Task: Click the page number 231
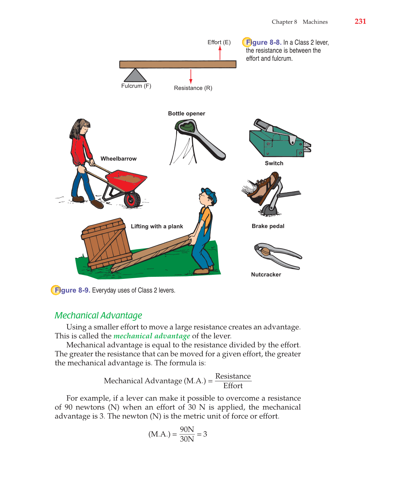click(360, 21)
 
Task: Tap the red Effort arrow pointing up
click(220, 53)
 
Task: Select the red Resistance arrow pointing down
click(191, 76)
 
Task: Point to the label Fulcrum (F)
click(136, 86)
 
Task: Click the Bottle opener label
click(186, 113)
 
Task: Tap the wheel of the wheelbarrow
click(132, 199)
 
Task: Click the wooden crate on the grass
click(106, 244)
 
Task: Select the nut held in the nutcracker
click(265, 251)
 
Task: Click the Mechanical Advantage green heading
click(98, 316)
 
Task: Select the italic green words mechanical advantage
click(152, 336)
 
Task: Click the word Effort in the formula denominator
click(233, 386)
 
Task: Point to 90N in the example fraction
click(187, 429)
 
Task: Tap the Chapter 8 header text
click(284, 22)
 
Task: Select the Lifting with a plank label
click(157, 227)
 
